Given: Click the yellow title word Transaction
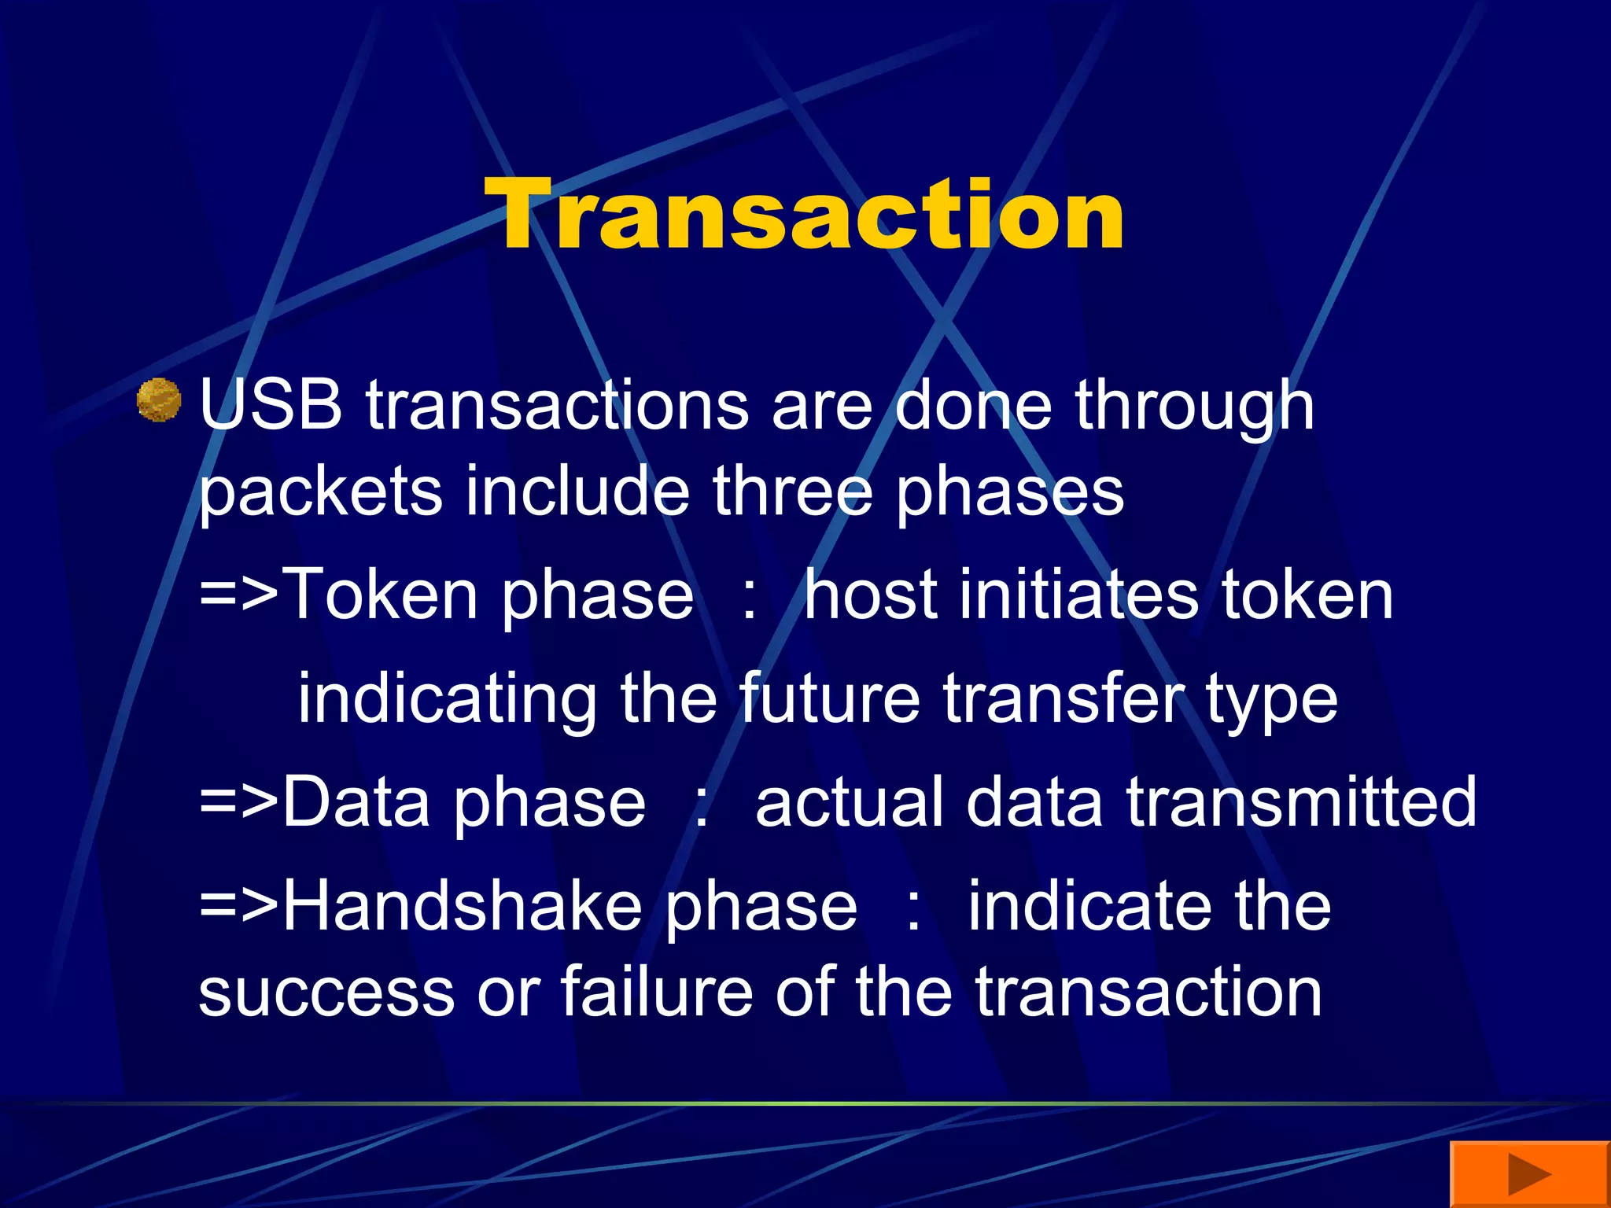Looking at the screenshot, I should [x=804, y=214].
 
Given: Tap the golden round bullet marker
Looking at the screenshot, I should [x=159, y=400].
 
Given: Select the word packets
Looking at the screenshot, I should [x=320, y=492].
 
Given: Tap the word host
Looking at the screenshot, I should [x=870, y=595].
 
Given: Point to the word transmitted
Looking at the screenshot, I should [x=1301, y=802].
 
